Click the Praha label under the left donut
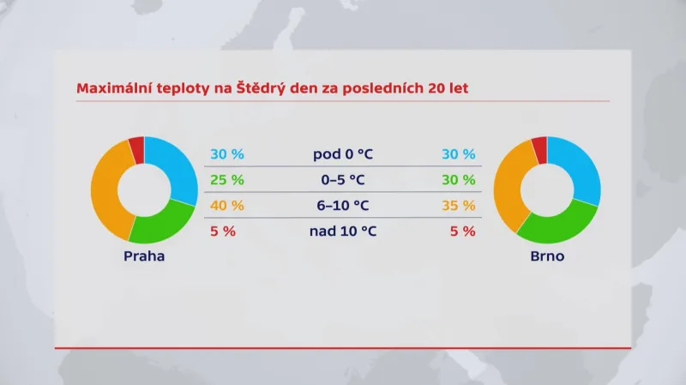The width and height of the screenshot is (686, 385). pyautogui.click(x=143, y=256)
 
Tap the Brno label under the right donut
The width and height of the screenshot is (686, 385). pyautogui.click(x=546, y=256)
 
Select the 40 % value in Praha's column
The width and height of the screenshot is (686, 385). pyautogui.click(x=227, y=206)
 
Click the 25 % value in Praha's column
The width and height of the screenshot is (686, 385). pyautogui.click(x=227, y=180)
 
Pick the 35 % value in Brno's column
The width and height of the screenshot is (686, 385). pyautogui.click(x=458, y=206)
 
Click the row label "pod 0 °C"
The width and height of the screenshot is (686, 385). pyautogui.click(x=343, y=154)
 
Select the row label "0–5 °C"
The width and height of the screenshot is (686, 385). pyautogui.click(x=343, y=180)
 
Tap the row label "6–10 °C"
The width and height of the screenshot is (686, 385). pyautogui.click(x=343, y=206)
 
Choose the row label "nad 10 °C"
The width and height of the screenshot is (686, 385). pyautogui.click(x=343, y=231)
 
